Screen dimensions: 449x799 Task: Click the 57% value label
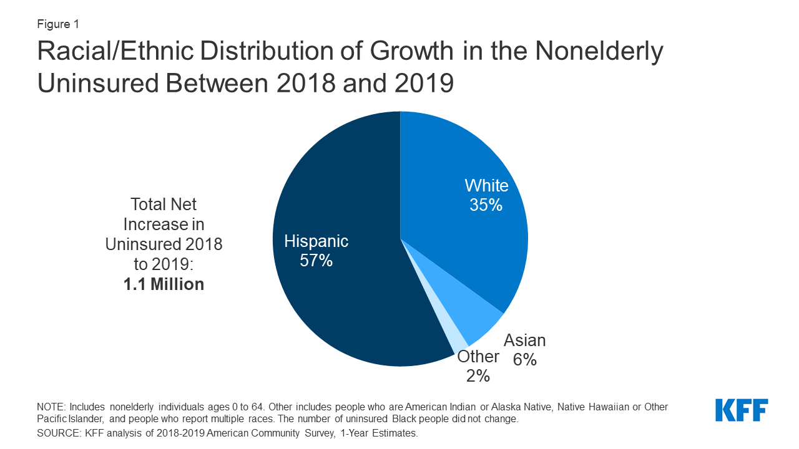tap(316, 261)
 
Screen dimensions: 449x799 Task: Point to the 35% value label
tap(486, 205)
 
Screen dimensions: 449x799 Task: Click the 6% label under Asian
tap(524, 360)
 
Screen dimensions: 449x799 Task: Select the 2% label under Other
tap(478, 376)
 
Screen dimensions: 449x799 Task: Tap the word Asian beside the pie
tap(524, 340)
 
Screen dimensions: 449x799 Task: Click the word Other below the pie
tap(478, 357)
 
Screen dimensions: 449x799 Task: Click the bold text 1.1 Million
tap(164, 284)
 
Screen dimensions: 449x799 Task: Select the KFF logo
tap(742, 410)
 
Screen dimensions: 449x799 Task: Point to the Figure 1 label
tap(57, 24)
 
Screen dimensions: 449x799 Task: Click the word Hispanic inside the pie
tap(316, 241)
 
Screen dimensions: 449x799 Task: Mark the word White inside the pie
tap(486, 186)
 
